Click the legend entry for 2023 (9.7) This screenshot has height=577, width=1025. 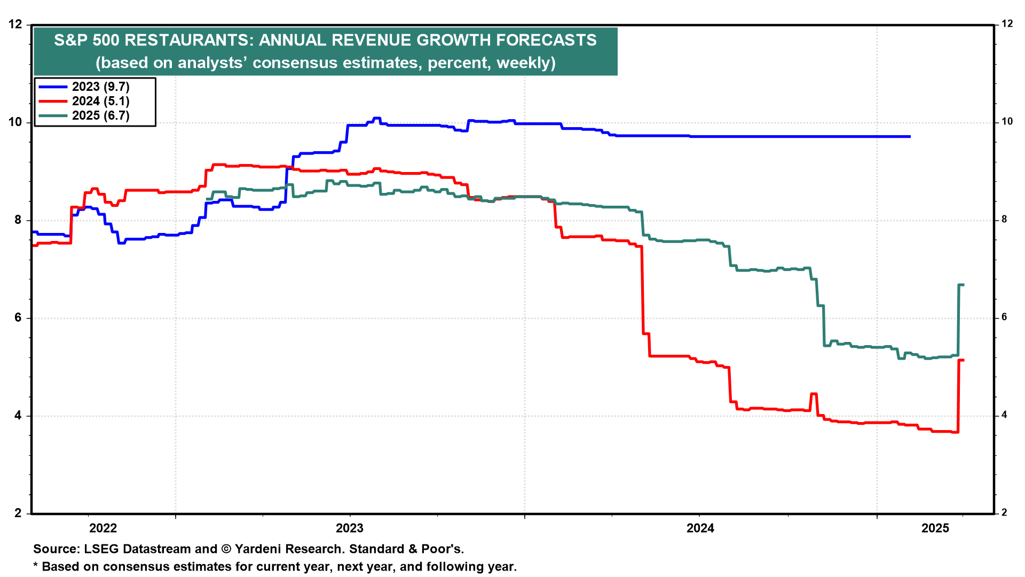coord(100,87)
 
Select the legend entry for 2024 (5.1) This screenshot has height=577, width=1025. coord(100,102)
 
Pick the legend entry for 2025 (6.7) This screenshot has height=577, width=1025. coord(100,116)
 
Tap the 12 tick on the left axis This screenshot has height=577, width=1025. coord(15,25)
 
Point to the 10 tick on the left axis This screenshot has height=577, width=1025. coord(15,122)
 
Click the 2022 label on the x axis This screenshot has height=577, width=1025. coord(103,528)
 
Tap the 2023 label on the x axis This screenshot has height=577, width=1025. coord(349,528)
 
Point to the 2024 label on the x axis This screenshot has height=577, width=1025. coord(700,528)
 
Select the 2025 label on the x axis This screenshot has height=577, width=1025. coord(935,528)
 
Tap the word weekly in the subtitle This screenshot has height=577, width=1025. coord(523,63)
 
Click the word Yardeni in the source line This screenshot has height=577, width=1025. coord(258,549)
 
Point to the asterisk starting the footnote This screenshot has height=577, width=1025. coord(36,566)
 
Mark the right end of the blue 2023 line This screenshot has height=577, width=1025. coord(910,137)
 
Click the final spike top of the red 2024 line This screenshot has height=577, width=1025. coord(961,361)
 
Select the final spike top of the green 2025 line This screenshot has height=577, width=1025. coord(961,285)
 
